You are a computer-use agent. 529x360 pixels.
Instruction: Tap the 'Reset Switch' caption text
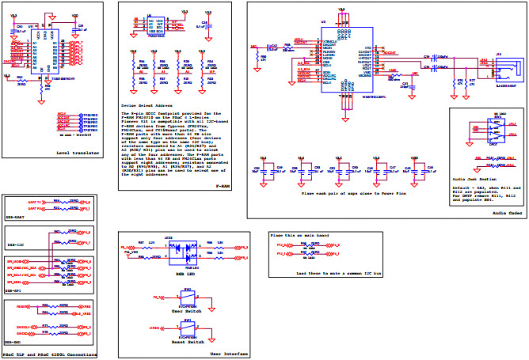[x=188, y=341]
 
